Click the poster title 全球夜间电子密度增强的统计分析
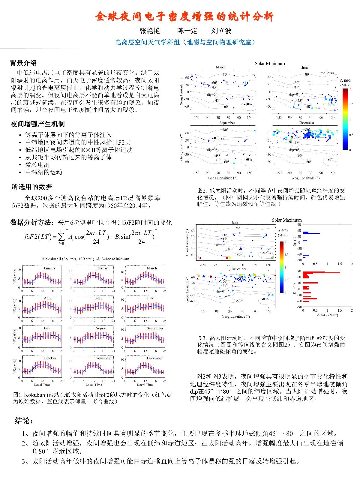click(x=184, y=16)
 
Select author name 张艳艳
click(x=150, y=31)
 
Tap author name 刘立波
click(x=221, y=31)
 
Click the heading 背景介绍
click(x=23, y=63)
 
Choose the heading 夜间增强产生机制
click(x=37, y=124)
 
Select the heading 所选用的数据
click(x=32, y=187)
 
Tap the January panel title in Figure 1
click(x=49, y=268)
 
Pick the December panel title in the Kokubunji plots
click(x=154, y=358)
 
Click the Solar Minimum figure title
click(x=270, y=63)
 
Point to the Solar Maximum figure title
click(x=286, y=220)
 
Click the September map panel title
click(x=227, y=123)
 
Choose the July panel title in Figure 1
click(x=47, y=328)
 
